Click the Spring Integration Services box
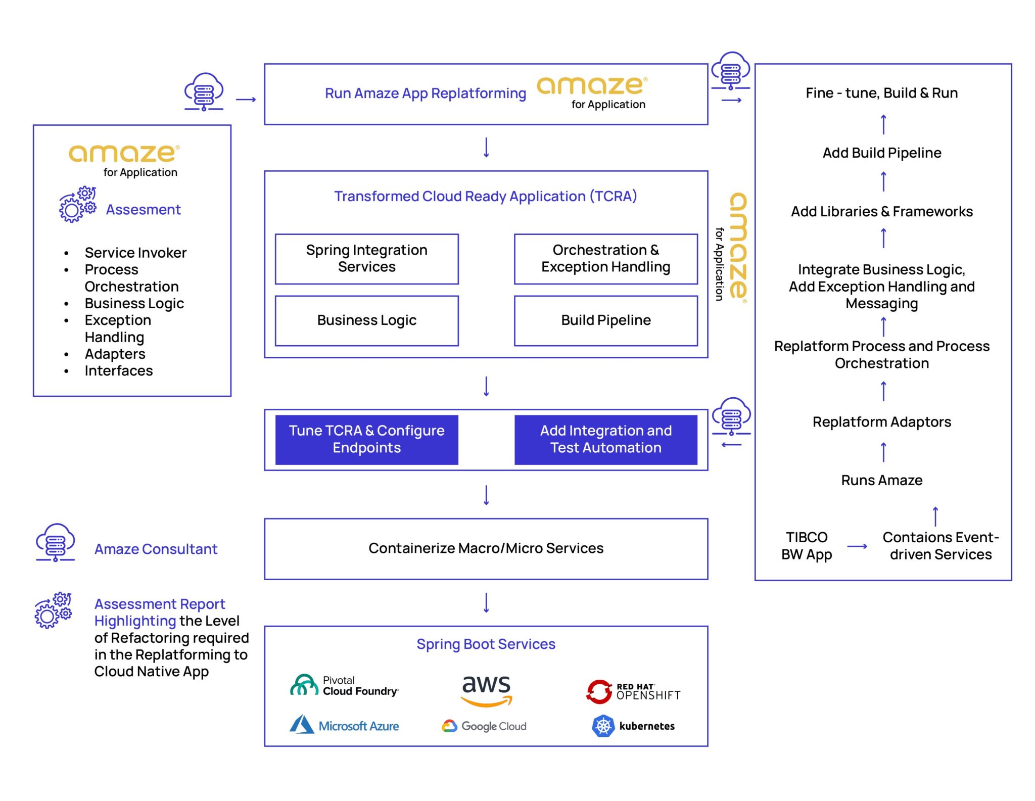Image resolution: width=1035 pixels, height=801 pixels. coord(366,258)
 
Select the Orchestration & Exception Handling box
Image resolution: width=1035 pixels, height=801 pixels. coord(605,258)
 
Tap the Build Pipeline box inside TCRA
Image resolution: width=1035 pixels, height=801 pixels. coord(605,320)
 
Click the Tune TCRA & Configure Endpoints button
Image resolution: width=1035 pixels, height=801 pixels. coord(366,439)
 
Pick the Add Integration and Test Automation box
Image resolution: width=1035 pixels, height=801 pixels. coord(605,439)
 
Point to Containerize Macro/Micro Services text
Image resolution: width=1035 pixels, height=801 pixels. coord(486,548)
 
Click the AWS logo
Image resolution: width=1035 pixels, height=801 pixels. coord(486,690)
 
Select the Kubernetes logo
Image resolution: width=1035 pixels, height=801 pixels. coord(633,726)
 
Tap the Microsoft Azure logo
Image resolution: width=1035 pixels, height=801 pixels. coord(344,725)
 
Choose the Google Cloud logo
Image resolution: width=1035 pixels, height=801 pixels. coord(484,726)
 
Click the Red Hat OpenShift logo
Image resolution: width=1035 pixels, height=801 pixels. coord(633,692)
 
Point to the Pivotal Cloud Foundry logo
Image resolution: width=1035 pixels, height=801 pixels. coord(344,686)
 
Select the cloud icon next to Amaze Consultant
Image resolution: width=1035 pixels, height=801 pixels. coord(56,542)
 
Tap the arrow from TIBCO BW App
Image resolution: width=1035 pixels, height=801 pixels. coord(857,546)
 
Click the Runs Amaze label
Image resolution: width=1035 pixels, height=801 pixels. coord(881,480)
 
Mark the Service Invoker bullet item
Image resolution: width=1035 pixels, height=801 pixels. coord(135,253)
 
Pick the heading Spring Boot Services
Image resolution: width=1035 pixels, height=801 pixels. coord(486,644)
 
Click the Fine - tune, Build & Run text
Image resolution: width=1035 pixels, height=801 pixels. coord(881,93)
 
